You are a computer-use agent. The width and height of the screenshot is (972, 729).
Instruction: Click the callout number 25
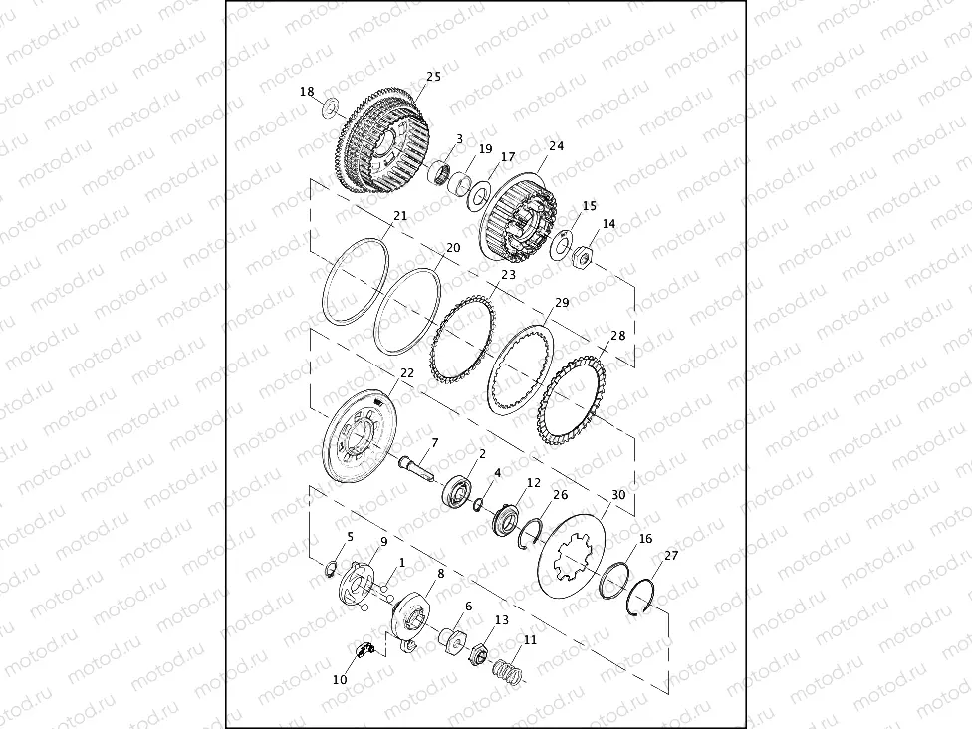coord(433,77)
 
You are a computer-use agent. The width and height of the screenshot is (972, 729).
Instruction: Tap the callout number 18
coord(307,92)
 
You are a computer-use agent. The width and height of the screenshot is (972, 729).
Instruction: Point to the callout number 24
coord(556,146)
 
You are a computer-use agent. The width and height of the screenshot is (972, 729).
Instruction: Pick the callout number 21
coord(400,216)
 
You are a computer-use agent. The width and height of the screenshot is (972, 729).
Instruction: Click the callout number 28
coord(618,336)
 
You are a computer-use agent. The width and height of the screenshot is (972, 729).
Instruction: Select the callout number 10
coord(339,679)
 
